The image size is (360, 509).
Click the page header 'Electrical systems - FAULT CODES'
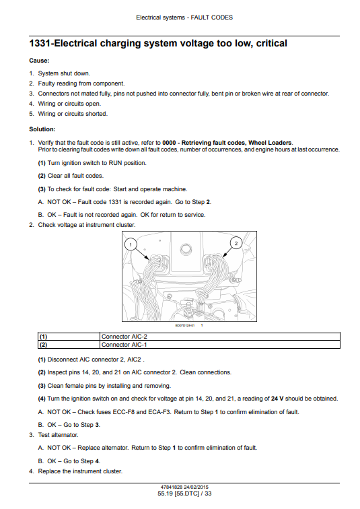[184, 18]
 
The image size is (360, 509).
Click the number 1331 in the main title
[40, 44]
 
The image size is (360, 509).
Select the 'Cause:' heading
[39, 61]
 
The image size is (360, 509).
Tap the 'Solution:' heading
[42, 129]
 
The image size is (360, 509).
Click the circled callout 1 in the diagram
[131, 244]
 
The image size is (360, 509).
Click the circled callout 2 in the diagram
[236, 243]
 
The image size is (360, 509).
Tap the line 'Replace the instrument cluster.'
[80, 471]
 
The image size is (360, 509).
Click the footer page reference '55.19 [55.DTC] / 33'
[184, 494]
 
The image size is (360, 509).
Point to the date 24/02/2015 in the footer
[196, 487]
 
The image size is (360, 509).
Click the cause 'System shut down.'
[64, 73]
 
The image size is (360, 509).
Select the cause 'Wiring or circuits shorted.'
[73, 114]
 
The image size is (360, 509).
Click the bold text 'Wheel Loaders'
[270, 143]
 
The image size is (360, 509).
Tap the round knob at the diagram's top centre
[186, 248]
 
